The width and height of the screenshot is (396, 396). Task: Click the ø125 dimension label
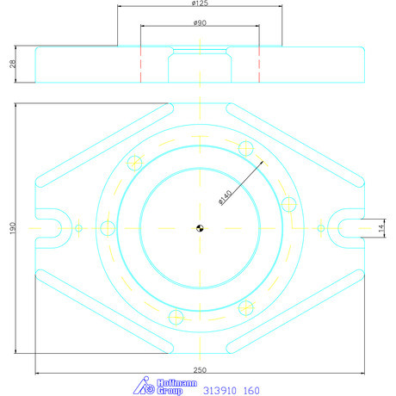click(x=200, y=3)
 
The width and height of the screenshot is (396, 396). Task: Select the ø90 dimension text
click(x=200, y=22)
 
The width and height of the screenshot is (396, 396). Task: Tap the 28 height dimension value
click(x=13, y=64)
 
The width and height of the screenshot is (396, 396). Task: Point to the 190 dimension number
click(x=13, y=228)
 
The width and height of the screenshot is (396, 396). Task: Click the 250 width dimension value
click(x=200, y=370)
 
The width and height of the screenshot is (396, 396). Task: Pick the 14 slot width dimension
click(x=381, y=228)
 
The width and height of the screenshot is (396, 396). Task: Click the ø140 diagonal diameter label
click(x=226, y=197)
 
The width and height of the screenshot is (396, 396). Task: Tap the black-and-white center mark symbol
click(x=200, y=228)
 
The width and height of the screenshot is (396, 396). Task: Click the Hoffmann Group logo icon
click(x=144, y=386)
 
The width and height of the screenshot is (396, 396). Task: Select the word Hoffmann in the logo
click(x=176, y=383)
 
